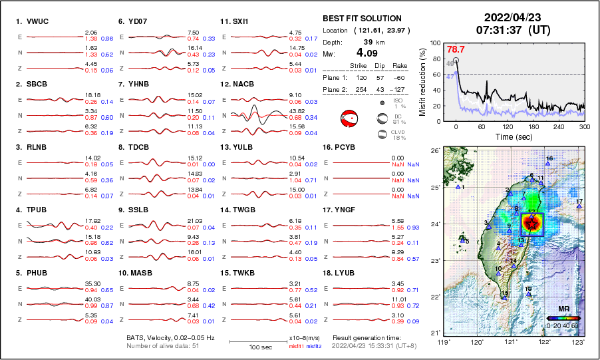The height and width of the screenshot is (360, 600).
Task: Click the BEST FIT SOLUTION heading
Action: [362, 19]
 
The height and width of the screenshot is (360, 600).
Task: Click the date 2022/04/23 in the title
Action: [512, 17]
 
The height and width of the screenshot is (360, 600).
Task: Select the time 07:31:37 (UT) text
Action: [512, 30]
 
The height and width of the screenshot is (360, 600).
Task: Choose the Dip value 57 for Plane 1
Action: [381, 77]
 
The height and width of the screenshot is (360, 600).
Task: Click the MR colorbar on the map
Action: [562, 319]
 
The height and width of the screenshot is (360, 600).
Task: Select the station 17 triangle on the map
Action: [579, 207]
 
